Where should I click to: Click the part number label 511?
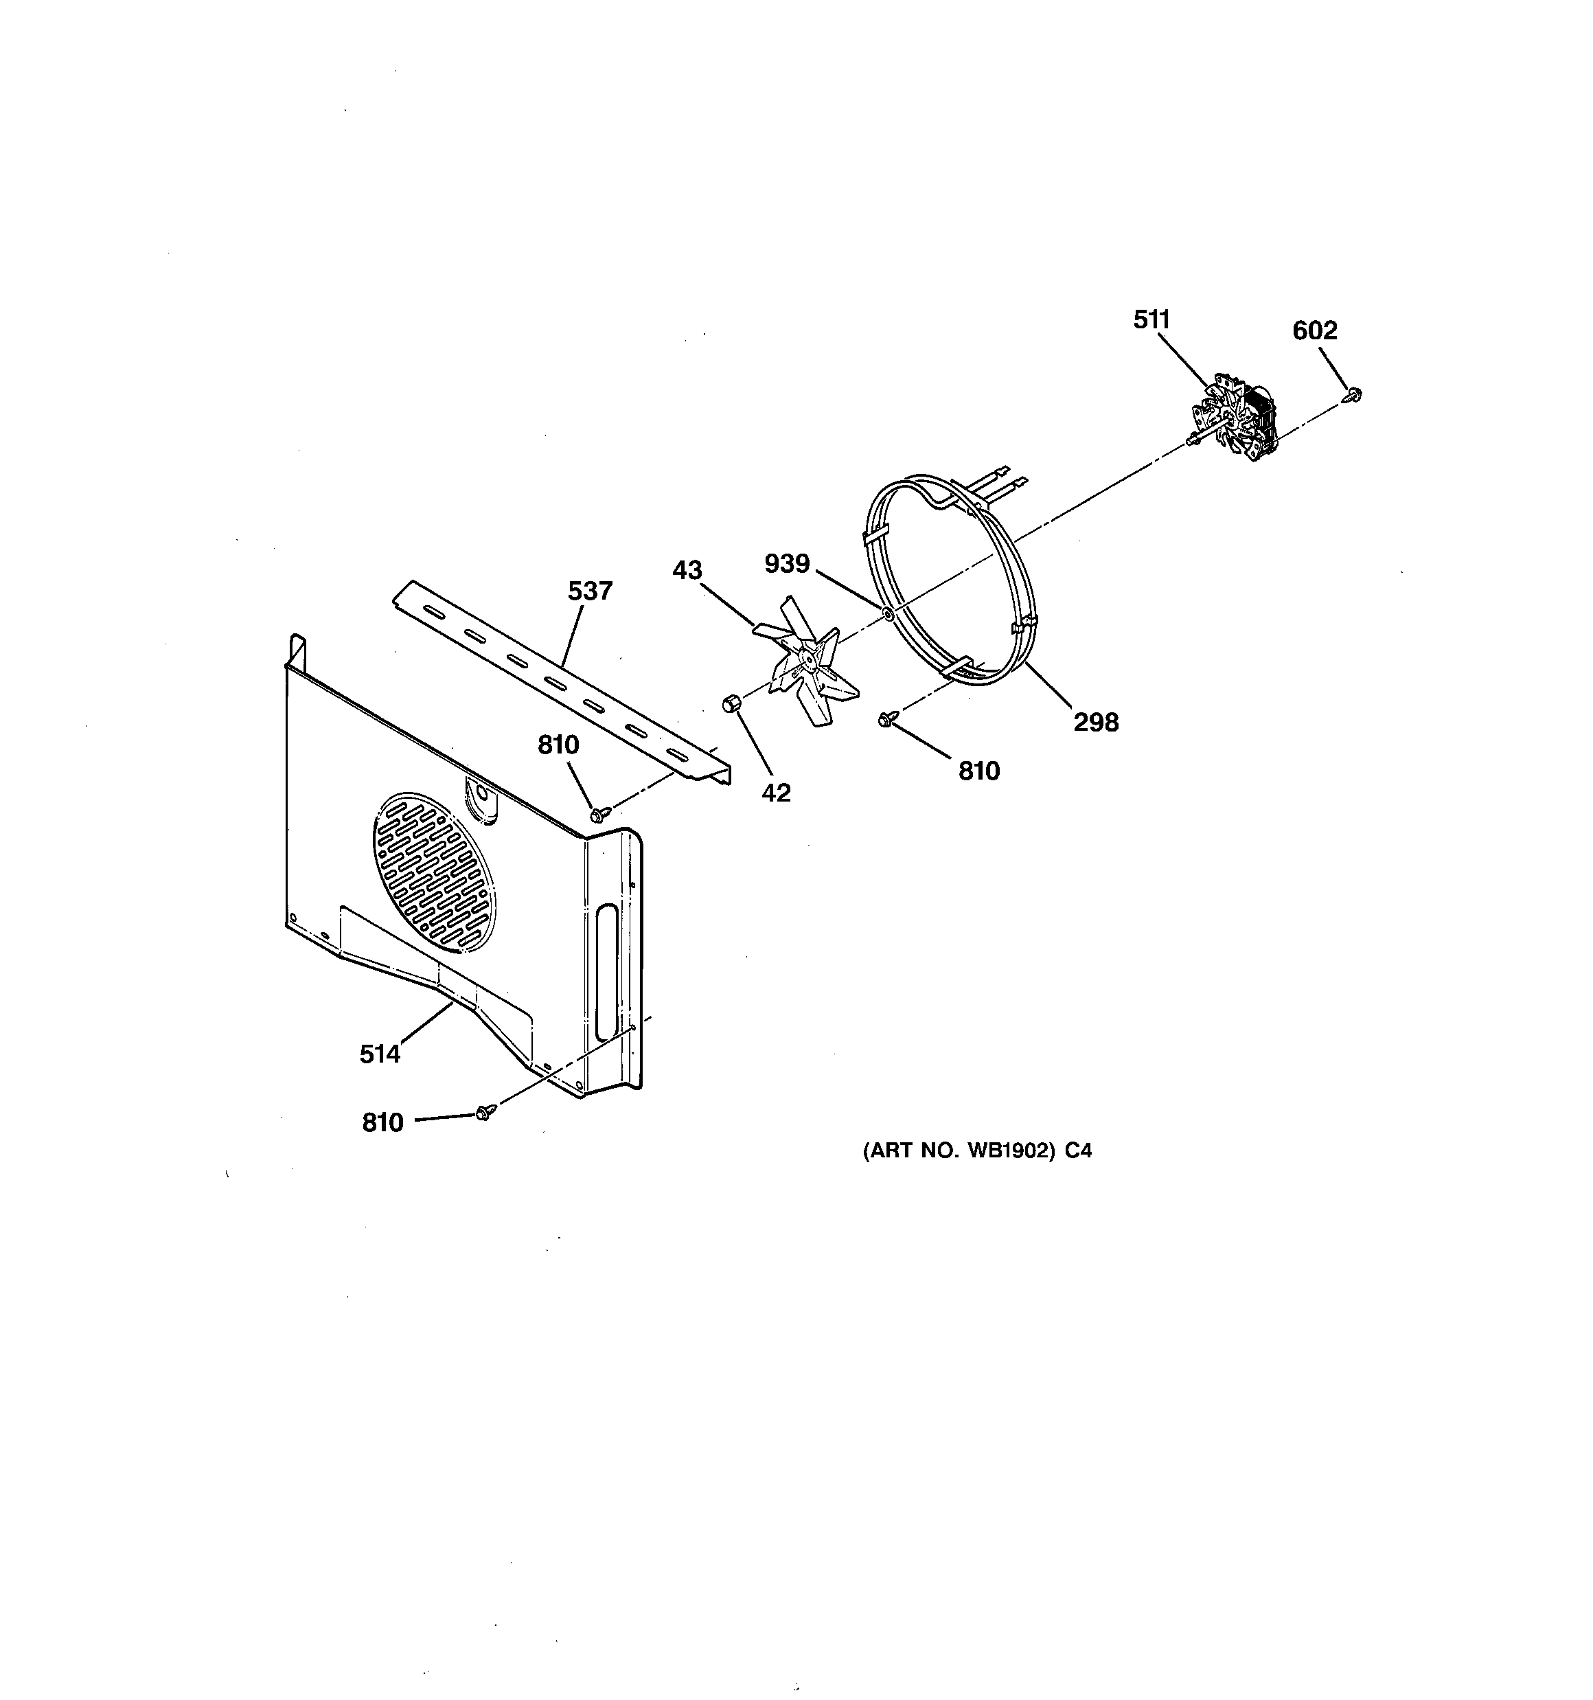(1151, 320)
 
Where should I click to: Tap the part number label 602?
(1314, 330)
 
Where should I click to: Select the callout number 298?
(1095, 723)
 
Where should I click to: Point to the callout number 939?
(787, 563)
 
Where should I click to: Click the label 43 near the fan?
(687, 570)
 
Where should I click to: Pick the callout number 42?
(775, 793)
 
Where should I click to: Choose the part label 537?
(590, 591)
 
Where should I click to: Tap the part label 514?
(380, 1054)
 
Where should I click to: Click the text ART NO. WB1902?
(976, 1151)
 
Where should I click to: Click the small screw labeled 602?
(1353, 394)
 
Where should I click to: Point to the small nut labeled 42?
(730, 703)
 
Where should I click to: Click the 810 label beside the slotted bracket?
(558, 746)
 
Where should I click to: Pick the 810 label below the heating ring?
(978, 771)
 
